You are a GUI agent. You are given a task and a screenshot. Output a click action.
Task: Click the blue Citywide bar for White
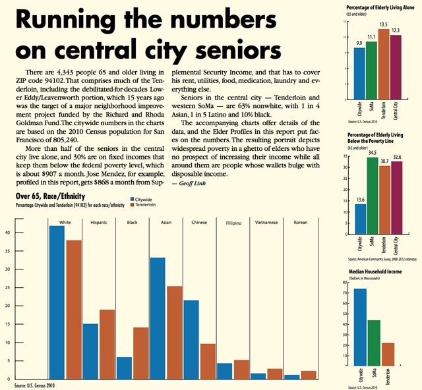(x=57, y=303)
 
